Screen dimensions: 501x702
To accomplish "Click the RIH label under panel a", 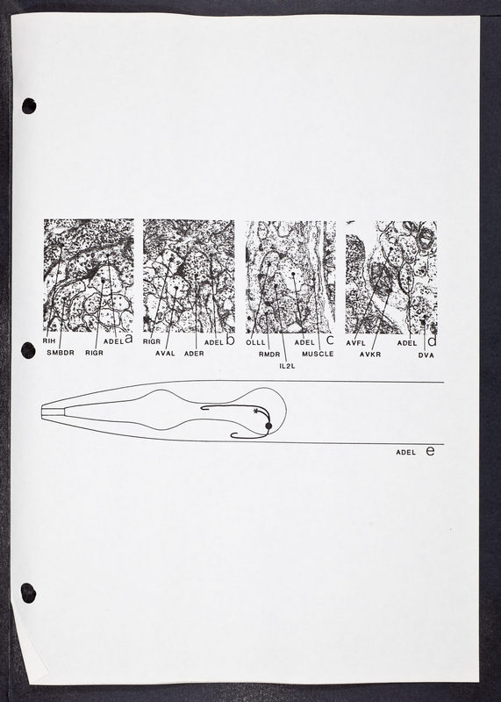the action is [48, 340].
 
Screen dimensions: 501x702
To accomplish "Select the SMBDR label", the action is [61, 353].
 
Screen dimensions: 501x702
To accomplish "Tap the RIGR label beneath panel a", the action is [94, 353].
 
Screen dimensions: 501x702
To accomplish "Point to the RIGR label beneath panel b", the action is [152, 341].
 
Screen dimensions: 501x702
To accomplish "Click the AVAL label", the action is [165, 354].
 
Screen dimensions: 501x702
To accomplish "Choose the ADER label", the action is [194, 354].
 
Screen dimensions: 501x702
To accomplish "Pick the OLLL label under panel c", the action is [255, 342].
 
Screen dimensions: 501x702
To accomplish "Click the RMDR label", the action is [269, 355].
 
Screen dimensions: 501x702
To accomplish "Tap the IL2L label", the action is [287, 366].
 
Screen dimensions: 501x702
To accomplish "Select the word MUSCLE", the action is [318, 354].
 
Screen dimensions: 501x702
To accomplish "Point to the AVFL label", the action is [356, 343].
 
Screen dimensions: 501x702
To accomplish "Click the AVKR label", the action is [370, 355].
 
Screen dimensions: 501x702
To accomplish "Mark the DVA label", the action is [426, 355].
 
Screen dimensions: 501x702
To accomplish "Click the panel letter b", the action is [230, 340].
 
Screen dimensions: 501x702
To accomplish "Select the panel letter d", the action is [432, 341].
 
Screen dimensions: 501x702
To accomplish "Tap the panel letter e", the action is [430, 451].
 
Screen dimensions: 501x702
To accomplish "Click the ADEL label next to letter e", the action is [405, 452].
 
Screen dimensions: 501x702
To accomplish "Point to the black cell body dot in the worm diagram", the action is [268, 426].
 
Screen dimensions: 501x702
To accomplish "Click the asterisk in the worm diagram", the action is [255, 411].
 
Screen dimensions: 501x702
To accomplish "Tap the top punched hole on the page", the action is [29, 106].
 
